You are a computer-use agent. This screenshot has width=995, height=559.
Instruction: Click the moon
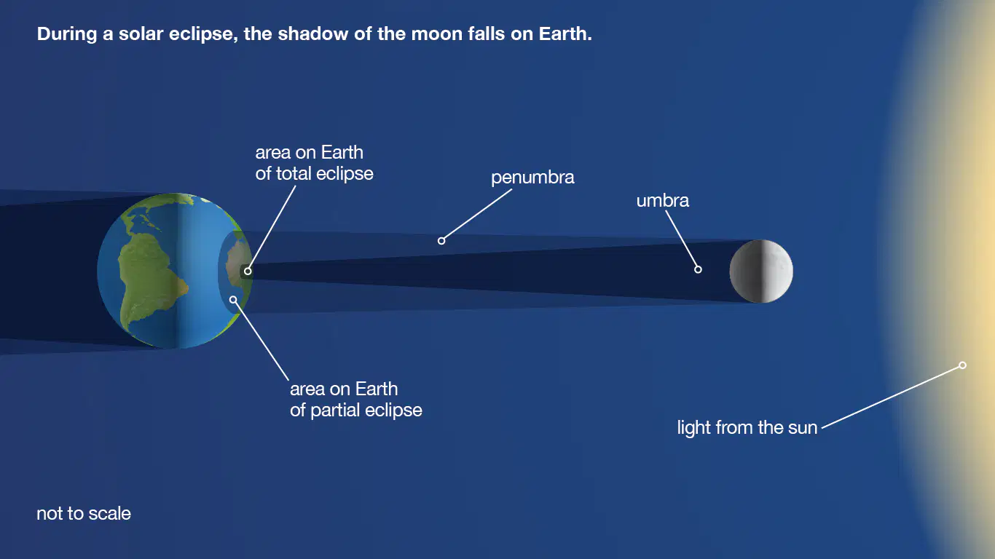click(x=761, y=271)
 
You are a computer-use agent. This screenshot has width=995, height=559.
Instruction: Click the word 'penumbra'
click(x=532, y=178)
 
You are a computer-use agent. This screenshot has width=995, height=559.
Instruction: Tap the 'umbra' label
click(x=663, y=201)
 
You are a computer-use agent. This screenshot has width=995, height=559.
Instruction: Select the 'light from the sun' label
click(x=747, y=427)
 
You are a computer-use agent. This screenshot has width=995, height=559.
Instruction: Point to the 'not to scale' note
click(x=84, y=514)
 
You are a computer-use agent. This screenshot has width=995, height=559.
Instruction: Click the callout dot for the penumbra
click(x=441, y=241)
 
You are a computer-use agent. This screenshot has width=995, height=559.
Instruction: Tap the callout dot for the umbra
click(x=698, y=269)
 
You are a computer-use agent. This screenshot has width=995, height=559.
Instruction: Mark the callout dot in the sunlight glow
click(x=962, y=365)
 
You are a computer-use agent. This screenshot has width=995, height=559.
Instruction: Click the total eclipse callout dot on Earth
click(x=248, y=271)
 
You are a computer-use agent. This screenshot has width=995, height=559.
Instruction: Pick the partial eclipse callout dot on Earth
click(x=233, y=300)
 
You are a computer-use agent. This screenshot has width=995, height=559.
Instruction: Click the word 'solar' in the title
click(x=141, y=34)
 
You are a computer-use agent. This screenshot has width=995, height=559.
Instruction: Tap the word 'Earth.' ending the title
click(x=565, y=34)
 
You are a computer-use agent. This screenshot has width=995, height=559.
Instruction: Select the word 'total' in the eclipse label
click(x=294, y=174)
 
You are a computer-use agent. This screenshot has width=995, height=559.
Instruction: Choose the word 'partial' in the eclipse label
click(x=335, y=411)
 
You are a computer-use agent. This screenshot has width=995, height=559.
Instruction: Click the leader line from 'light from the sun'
click(x=891, y=397)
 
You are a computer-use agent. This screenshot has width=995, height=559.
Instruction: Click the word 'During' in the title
click(x=66, y=34)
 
